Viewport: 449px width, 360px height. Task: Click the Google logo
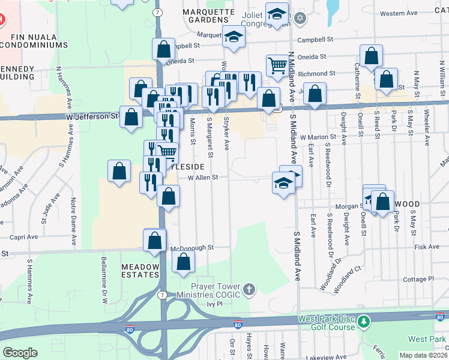(x=20, y=353)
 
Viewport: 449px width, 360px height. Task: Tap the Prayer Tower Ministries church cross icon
(x=249, y=290)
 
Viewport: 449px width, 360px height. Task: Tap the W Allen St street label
(x=206, y=177)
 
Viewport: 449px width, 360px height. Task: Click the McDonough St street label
(x=192, y=247)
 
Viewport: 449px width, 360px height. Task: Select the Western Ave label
(x=399, y=13)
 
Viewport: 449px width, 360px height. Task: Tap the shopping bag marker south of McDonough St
(x=184, y=262)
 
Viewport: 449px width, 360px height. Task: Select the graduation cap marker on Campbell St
(x=234, y=36)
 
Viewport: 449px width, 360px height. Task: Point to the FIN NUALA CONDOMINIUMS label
(x=35, y=40)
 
